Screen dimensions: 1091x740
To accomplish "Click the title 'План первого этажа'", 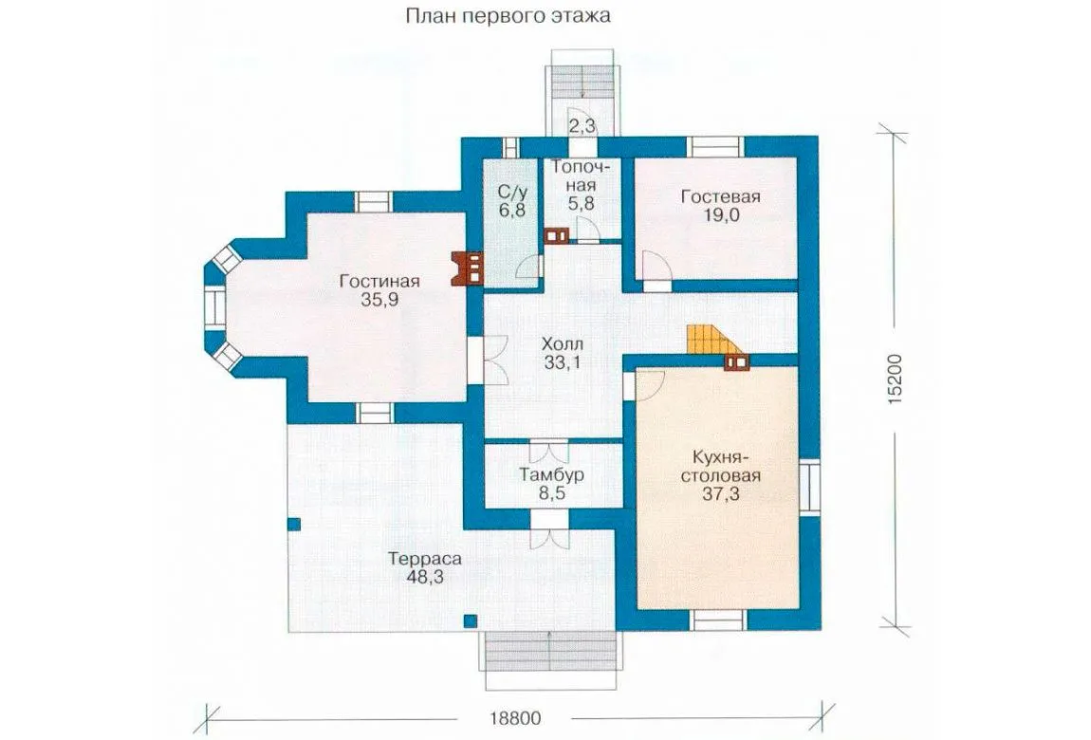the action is (508, 15).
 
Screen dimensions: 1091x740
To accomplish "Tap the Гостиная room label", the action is (379, 281).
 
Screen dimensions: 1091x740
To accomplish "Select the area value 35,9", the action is (379, 300).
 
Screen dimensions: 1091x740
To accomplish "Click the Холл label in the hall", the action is (563, 343).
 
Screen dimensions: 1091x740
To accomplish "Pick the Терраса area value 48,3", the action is (425, 577).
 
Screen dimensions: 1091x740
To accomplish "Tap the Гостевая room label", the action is (720, 196).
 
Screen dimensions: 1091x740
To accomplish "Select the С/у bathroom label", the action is (511, 192).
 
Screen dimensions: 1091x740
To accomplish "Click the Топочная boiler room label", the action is (582, 176).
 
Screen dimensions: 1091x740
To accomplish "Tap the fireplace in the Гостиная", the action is (467, 268).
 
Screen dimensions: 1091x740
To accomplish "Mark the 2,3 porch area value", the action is (582, 126).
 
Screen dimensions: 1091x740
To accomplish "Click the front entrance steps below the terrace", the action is (551, 651).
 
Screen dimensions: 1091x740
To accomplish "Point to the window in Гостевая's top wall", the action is (715, 146).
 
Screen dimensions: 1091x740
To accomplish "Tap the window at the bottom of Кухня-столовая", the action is (719, 620).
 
